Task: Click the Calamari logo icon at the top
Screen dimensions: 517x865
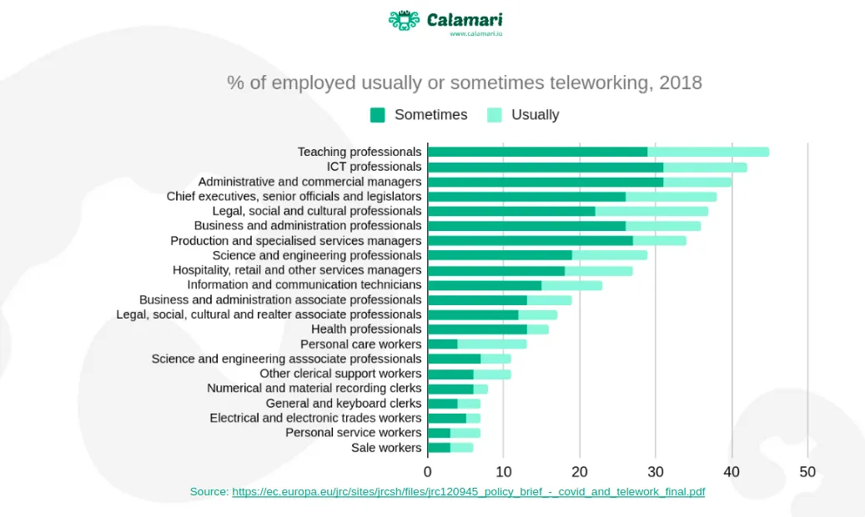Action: tap(403, 21)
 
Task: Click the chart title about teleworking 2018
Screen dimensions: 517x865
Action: tap(465, 83)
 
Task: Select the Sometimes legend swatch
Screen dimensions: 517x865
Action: tap(378, 115)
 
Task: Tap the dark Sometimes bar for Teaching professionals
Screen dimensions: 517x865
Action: tap(537, 152)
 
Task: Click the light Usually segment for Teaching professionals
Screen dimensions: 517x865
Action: tap(708, 152)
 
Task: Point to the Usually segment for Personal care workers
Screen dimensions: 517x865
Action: tap(492, 344)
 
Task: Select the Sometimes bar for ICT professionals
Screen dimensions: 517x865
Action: tap(545, 167)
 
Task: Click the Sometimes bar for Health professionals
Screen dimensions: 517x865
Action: tap(477, 329)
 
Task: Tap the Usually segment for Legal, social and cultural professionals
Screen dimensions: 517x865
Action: tap(651, 211)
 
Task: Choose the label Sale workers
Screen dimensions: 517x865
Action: tap(386, 448)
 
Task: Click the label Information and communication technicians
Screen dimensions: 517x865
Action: tap(304, 284)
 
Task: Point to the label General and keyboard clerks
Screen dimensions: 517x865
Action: tap(344, 404)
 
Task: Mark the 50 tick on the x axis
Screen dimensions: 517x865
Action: tap(807, 472)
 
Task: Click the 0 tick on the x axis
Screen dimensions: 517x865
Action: tap(428, 472)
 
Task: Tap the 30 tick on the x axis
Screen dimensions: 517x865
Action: tap(656, 472)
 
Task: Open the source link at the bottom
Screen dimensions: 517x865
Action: tap(468, 492)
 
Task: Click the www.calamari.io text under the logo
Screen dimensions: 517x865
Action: tap(475, 34)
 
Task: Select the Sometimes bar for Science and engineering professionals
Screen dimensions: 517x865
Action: tap(500, 255)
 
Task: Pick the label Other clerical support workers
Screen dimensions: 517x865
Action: tap(340, 374)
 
